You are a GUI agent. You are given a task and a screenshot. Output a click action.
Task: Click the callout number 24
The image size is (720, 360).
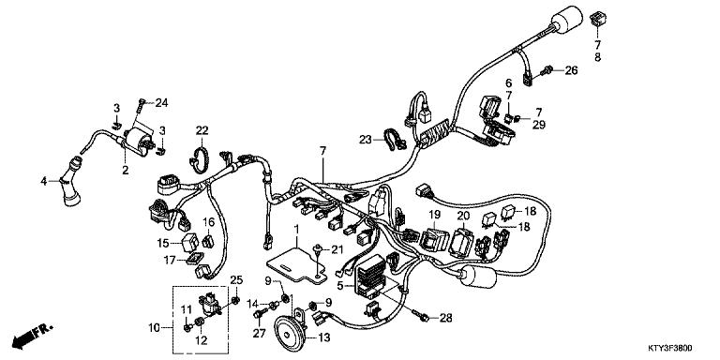pyautogui.click(x=161, y=102)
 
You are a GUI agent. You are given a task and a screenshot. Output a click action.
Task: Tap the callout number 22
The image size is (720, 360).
pyautogui.click(x=202, y=129)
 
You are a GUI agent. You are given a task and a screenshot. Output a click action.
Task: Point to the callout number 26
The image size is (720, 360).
pyautogui.click(x=572, y=69)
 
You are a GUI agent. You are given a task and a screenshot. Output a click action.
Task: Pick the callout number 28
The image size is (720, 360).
pyautogui.click(x=445, y=319)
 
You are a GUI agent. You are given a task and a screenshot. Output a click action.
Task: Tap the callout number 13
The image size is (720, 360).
pyautogui.click(x=325, y=337)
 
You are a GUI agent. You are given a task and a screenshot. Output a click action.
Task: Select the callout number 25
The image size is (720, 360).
pyautogui.click(x=236, y=280)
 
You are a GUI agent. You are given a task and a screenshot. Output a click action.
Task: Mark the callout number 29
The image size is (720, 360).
pyautogui.click(x=538, y=125)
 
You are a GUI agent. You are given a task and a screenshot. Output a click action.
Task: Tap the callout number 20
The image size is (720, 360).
pyautogui.click(x=462, y=216)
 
